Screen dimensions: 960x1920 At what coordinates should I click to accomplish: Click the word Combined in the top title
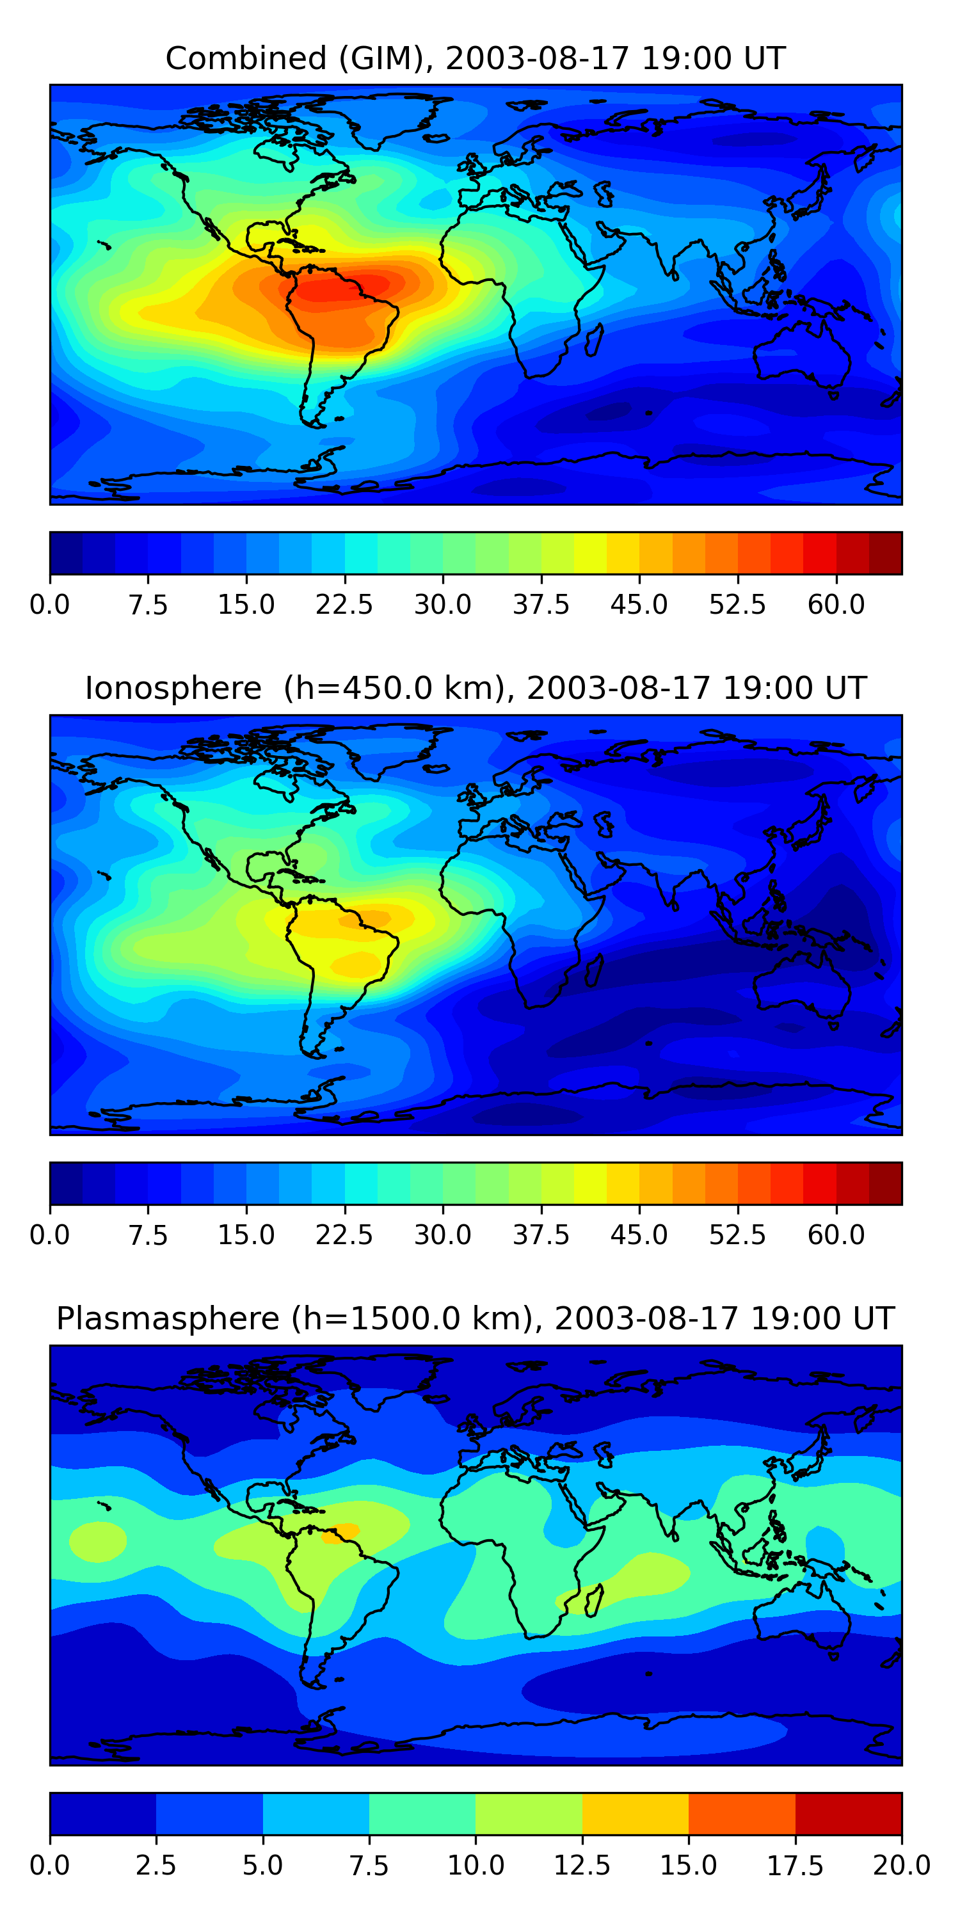tap(246, 58)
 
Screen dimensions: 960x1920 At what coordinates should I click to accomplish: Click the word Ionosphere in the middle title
tap(173, 688)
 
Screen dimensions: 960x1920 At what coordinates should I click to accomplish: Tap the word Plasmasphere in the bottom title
tap(168, 1319)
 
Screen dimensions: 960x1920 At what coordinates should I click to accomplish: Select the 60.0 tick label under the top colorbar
tap(836, 604)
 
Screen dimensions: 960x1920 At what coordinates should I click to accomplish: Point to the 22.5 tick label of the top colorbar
tap(344, 604)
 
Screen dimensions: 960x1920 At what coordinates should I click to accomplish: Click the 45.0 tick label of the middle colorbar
tap(639, 1235)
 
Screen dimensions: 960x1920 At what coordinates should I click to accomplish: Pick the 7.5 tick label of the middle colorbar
tap(148, 1235)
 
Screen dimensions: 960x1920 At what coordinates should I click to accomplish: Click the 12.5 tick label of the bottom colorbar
tap(582, 1866)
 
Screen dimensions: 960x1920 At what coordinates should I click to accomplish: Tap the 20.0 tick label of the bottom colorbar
tap(902, 1866)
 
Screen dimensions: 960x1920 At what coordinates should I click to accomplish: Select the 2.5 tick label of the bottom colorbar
tap(156, 1866)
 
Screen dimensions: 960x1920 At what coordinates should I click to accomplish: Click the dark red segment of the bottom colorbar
tap(849, 1813)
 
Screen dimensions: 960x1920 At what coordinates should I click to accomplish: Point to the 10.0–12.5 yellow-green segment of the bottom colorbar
tap(529, 1813)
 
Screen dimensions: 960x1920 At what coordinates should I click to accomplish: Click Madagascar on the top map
tap(594, 340)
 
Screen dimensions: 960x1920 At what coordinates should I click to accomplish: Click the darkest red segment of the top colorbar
tap(886, 553)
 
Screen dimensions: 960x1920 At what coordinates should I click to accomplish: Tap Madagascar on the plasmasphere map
tap(594, 1601)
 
